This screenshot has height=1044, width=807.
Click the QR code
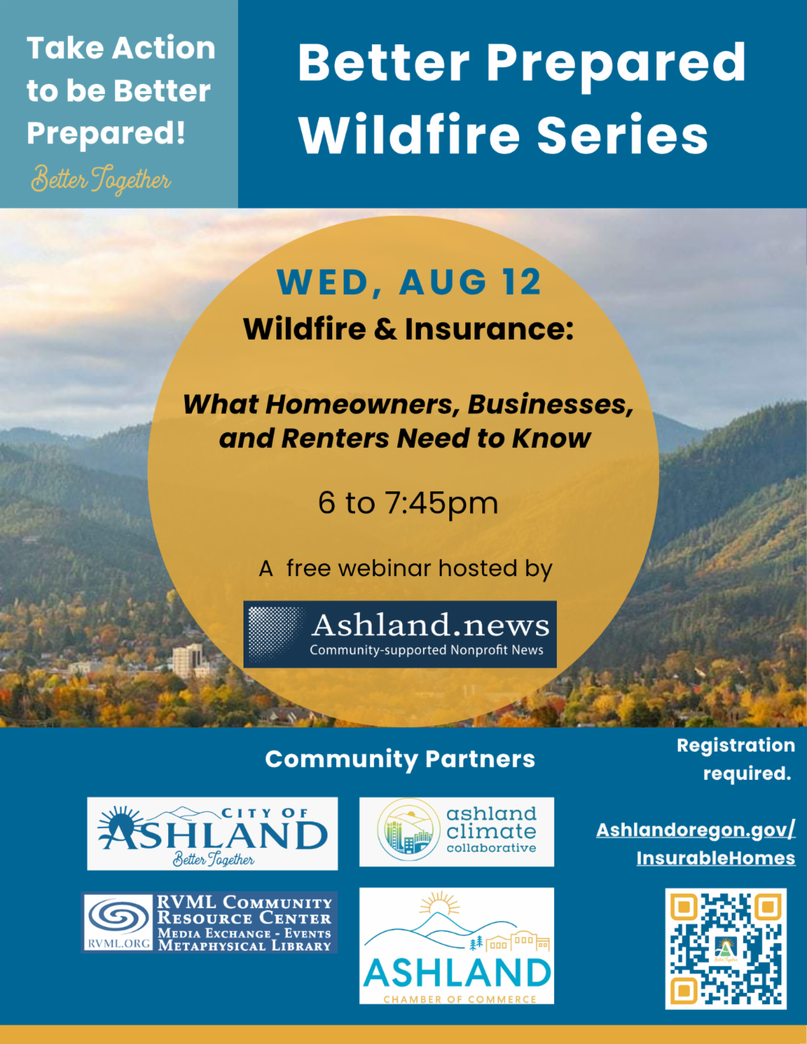726,949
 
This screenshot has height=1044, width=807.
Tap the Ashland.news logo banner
400,634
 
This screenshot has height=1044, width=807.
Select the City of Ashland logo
213,834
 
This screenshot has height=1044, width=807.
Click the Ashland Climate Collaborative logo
457,832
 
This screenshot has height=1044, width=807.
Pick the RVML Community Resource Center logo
210,922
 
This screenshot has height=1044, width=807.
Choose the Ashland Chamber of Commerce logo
457,945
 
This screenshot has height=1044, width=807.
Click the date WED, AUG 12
409,282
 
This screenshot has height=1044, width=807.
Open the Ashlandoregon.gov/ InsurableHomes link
695,844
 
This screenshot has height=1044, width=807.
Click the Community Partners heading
400,759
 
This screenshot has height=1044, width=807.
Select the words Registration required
736,759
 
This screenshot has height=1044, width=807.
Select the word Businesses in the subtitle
551,405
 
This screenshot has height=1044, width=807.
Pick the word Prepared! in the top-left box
106,133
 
